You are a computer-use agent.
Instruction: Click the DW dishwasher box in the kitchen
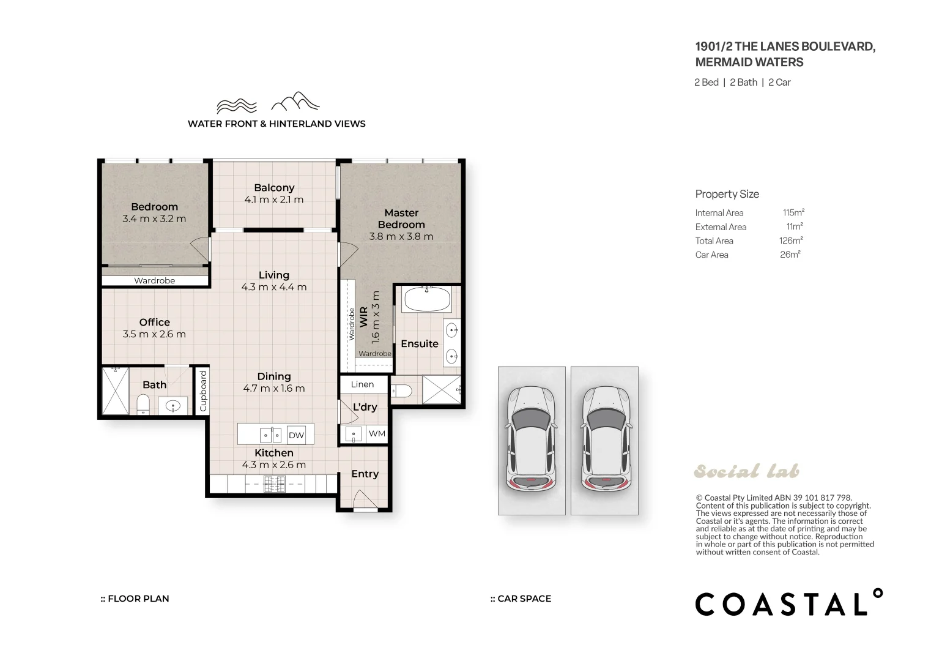pyautogui.click(x=296, y=435)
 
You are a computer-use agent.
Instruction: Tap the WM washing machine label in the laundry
pyautogui.click(x=377, y=433)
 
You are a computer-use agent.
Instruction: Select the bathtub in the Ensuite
pyautogui.click(x=427, y=300)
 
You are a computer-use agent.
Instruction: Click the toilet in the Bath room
pyautogui.click(x=143, y=403)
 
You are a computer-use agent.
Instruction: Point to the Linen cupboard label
pyautogui.click(x=362, y=384)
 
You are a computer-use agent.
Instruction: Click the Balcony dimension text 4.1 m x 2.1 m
pyautogui.click(x=273, y=200)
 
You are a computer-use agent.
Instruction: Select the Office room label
pyautogui.click(x=154, y=322)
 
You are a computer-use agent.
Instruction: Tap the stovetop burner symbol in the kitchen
pyautogui.click(x=274, y=484)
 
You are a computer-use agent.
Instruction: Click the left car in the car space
pyautogui.click(x=531, y=439)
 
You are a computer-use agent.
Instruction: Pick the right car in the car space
pyautogui.click(x=605, y=439)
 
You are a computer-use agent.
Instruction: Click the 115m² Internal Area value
pyautogui.click(x=793, y=213)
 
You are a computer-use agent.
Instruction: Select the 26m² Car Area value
pyautogui.click(x=790, y=255)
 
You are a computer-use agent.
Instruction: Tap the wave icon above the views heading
pyautogui.click(x=237, y=105)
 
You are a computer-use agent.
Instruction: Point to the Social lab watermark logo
pyautogui.click(x=746, y=471)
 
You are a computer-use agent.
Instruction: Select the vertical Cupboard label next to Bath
pyautogui.click(x=203, y=390)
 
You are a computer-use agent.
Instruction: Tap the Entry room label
pyautogui.click(x=365, y=474)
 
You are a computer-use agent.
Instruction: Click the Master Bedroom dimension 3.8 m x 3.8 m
pyautogui.click(x=401, y=236)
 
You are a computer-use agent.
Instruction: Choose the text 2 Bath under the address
pyautogui.click(x=743, y=82)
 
